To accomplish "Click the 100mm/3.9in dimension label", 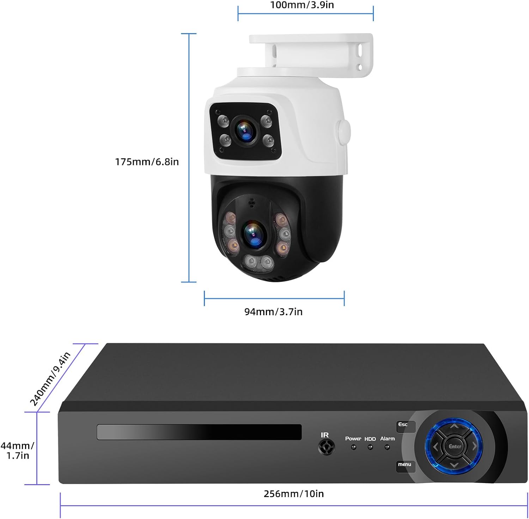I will point(302,5).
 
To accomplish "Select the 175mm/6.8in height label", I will point(147,162).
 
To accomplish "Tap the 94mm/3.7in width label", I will point(273,312).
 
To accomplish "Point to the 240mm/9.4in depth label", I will point(50,379).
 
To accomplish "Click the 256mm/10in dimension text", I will point(293,494).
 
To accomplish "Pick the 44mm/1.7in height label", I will point(17,451).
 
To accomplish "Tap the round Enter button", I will point(455,446).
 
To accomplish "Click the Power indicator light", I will point(353,447).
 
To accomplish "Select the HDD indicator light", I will point(370,447).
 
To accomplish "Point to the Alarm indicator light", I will point(387,447).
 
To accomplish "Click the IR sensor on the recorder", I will point(326,447).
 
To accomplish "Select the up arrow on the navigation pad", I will point(455,427).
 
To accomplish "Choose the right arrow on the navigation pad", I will point(474,446).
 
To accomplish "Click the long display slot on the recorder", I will point(199,432).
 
